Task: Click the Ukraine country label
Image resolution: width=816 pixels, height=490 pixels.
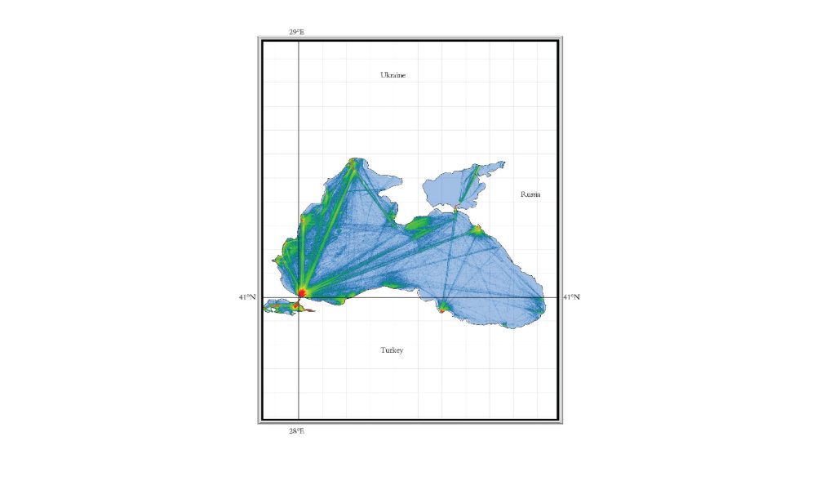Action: [x=392, y=75]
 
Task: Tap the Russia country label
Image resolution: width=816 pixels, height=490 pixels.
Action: [x=530, y=195]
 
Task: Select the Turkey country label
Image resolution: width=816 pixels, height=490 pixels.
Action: [x=392, y=350]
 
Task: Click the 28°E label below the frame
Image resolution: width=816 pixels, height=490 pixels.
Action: [x=296, y=430]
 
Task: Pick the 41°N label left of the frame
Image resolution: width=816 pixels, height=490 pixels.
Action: [x=247, y=297]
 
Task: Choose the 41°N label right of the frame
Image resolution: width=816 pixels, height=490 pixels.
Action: [x=571, y=297]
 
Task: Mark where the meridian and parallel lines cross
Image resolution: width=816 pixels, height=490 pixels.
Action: [x=299, y=297]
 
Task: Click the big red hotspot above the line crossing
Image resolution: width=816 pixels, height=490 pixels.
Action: [x=302, y=291]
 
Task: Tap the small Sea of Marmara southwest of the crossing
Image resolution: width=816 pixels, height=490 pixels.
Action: [x=281, y=308]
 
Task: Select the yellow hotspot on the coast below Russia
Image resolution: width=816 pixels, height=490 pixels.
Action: [x=478, y=230]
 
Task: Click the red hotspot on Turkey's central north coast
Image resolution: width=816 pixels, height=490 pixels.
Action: [x=442, y=309]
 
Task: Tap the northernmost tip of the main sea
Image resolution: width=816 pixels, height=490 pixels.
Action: [x=354, y=158]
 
